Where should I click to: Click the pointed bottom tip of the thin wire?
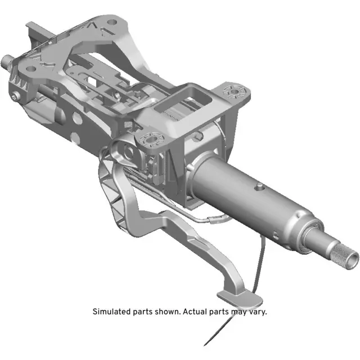pyautogui.click(x=206, y=345)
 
